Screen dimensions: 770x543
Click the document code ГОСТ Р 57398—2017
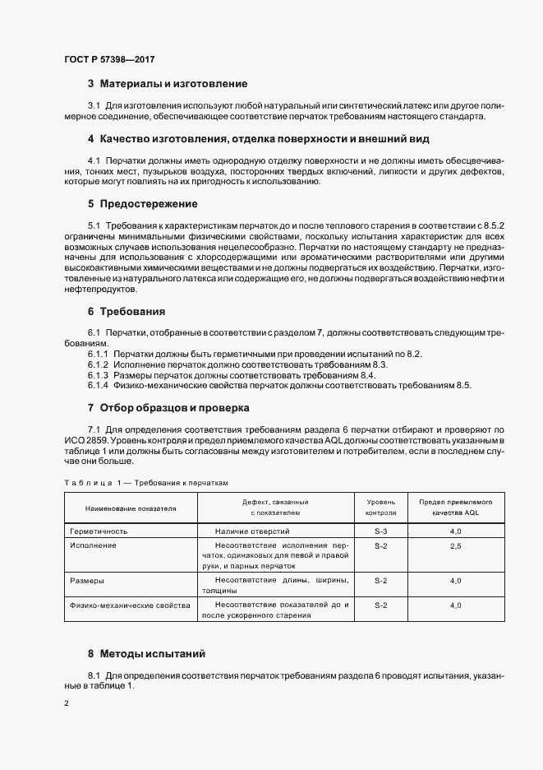coord(109,59)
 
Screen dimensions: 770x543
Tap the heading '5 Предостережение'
coord(142,203)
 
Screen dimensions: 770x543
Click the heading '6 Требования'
coord(127,312)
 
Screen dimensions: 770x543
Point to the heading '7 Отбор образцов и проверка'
coord(168,408)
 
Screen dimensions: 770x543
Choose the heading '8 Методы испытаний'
coord(146,654)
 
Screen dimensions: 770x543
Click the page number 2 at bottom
coord(67,703)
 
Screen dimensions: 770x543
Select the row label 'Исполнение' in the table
coord(93,545)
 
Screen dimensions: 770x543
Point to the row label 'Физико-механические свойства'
coord(130,605)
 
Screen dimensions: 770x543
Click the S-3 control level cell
coord(380,532)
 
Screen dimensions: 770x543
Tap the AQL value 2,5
coord(455,545)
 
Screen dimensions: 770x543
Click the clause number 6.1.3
coord(98,374)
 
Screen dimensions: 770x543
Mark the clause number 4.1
coord(94,159)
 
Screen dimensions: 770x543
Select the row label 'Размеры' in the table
coord(87,581)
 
